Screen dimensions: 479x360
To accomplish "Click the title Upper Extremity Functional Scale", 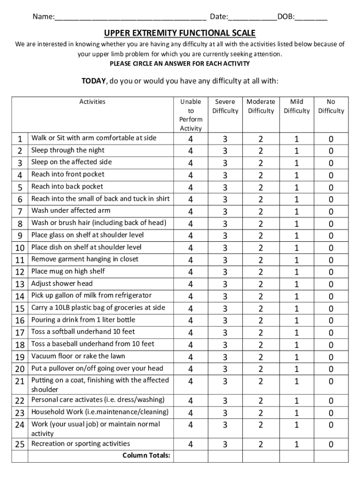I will pos(180,33).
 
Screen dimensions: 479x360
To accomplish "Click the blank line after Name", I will pos(130,19).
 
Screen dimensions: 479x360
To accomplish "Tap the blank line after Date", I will pos(252,19).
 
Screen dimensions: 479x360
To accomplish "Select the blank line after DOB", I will pos(311,19).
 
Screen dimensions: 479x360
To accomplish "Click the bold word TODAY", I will pos(94,81).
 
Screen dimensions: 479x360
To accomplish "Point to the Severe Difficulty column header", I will pos(225,106).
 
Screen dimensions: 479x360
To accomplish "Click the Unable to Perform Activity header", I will pos(191,115).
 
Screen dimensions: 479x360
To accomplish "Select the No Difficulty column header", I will pos(331,106).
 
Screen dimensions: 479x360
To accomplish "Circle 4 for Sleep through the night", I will pos(191,151).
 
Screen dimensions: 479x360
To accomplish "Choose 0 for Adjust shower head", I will pos(331,284).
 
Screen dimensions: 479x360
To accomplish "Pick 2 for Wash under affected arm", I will pos(261,211).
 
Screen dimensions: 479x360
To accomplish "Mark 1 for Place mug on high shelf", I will pos(296,272).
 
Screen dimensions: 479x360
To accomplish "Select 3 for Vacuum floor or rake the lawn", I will pos(225,357).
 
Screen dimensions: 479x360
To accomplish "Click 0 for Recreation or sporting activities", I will pos(331,444).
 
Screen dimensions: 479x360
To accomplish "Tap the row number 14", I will pos(20,296).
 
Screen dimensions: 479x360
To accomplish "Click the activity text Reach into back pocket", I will pos(67,187).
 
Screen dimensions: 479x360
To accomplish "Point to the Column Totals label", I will pos(146,456).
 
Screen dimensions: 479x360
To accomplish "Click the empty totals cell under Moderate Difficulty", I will pos(261,456).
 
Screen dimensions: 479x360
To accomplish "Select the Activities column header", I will pos(93,102).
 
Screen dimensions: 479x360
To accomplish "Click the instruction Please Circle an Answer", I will pos(180,64).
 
